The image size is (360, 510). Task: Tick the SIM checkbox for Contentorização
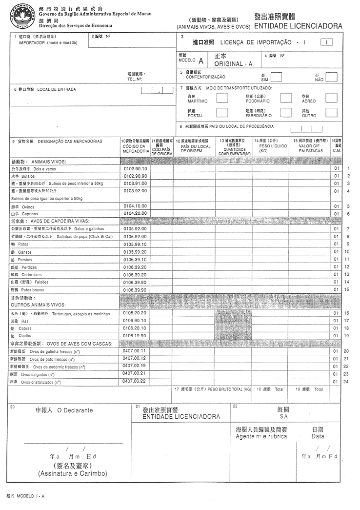276,77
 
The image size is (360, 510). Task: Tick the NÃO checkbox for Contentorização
331,77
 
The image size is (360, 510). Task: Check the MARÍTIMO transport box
221,98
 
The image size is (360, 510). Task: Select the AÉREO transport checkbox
331,98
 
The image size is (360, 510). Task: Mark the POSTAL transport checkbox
221,113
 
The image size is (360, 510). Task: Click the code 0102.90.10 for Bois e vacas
135,168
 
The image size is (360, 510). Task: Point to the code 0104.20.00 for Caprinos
135,213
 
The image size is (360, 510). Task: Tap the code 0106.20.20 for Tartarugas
135,313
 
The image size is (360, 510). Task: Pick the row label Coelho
25,336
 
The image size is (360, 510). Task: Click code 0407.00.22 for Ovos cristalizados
135,381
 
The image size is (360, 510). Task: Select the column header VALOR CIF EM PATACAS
308,148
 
